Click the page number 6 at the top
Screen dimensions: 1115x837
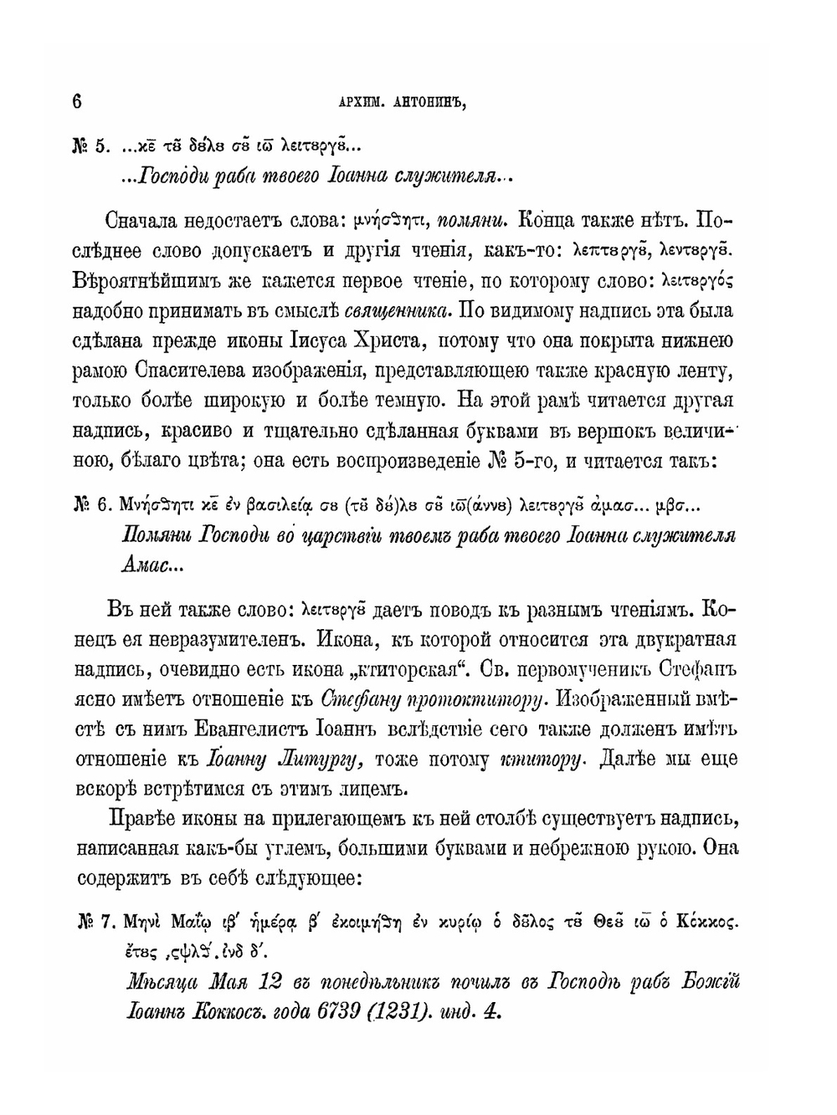tap(77, 101)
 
